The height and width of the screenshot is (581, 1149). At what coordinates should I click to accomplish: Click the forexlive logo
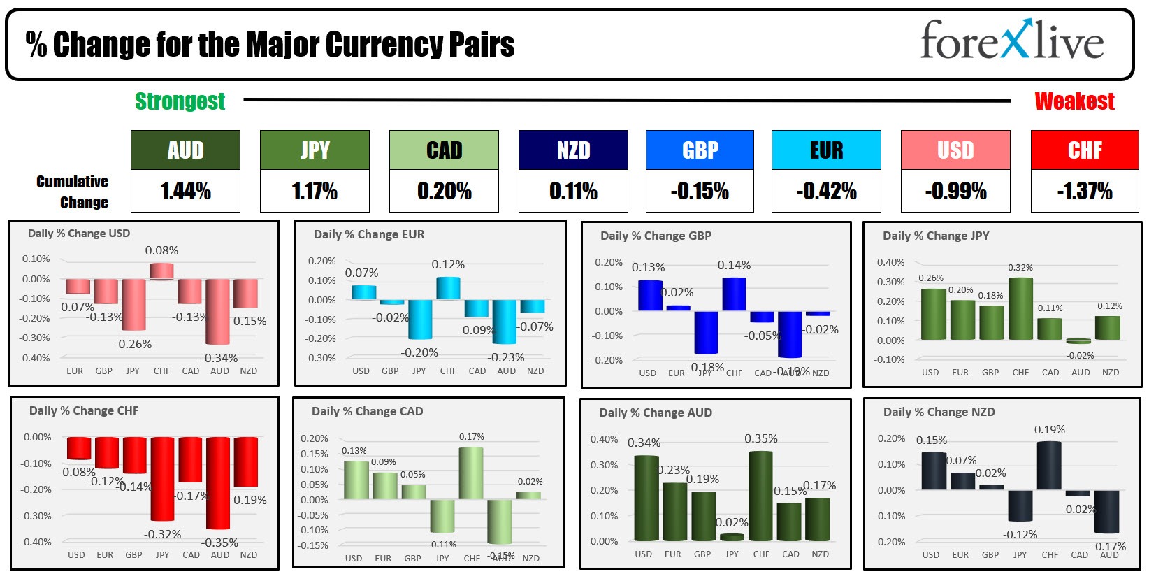(1011, 41)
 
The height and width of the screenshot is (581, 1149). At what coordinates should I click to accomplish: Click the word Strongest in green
(180, 101)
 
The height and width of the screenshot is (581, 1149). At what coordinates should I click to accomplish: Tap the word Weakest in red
(1074, 101)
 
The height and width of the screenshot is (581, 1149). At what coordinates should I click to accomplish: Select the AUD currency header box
(185, 150)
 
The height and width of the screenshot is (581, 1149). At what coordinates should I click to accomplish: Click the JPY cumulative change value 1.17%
(315, 191)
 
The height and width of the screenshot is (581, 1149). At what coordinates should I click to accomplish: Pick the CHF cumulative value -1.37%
(1084, 191)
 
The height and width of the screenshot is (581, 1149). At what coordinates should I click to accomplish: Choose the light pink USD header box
(955, 150)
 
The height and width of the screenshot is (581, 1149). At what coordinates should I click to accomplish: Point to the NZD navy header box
(573, 150)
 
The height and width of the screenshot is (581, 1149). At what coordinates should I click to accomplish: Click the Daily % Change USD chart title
(78, 234)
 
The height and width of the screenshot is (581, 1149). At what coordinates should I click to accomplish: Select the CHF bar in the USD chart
(161, 271)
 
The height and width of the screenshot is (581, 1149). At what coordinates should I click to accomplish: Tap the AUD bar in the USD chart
(217, 311)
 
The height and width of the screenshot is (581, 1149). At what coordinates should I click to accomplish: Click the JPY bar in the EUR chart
(420, 319)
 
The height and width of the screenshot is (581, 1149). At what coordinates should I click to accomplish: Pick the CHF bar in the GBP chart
(734, 294)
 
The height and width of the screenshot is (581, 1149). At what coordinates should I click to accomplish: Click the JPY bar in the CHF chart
(162, 479)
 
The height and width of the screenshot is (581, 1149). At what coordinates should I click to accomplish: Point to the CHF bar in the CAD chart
(471, 473)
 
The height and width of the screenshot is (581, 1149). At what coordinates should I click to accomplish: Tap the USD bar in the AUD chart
(646, 498)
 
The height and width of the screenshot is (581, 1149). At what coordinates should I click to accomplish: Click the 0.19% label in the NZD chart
(1049, 430)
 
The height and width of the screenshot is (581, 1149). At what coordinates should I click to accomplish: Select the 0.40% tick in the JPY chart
(890, 262)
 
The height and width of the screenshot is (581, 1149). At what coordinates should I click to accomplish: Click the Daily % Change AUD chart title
(655, 413)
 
